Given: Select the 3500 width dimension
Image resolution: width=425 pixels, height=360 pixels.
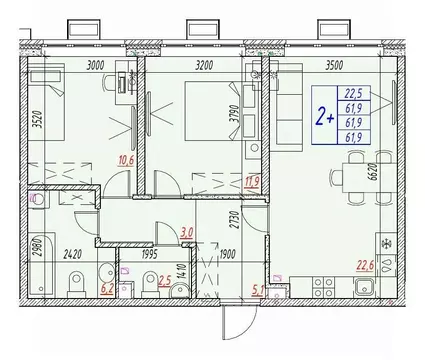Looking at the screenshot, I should pyautogui.click(x=322, y=66).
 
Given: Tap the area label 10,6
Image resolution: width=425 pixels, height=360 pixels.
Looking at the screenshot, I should pyautogui.click(x=125, y=163).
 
